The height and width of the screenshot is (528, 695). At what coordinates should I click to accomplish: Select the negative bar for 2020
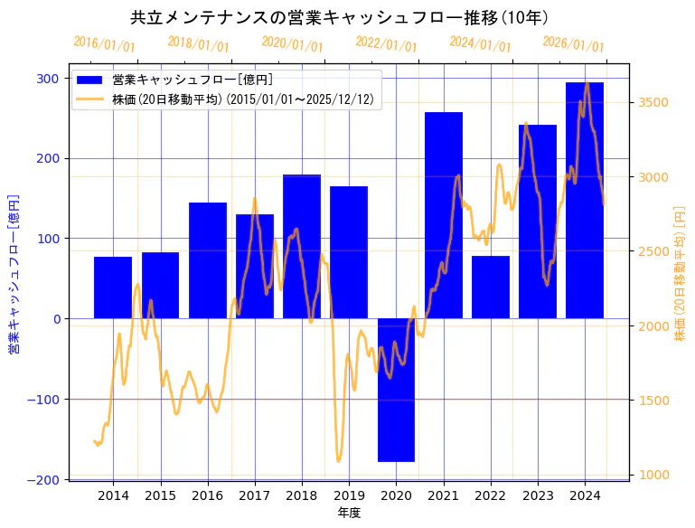(x=396, y=390)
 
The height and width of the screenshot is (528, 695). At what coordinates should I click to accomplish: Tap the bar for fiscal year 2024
(x=585, y=200)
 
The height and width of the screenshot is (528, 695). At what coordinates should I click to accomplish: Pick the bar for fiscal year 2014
(x=113, y=288)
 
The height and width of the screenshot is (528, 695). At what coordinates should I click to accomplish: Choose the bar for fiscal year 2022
(x=491, y=287)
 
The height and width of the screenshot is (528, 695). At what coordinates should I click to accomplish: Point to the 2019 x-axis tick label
(x=349, y=495)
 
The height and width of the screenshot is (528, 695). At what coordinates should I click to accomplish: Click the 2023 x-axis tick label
(x=538, y=495)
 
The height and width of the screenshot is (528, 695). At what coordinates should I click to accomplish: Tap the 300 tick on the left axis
(x=49, y=79)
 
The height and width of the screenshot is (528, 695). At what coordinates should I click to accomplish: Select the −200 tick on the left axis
(x=44, y=479)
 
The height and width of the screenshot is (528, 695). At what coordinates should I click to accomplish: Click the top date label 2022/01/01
(x=387, y=44)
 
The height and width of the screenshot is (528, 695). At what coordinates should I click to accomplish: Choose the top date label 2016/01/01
(x=105, y=44)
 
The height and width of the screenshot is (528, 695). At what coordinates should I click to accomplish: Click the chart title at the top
(x=340, y=17)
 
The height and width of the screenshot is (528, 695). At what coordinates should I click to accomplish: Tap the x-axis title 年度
(x=349, y=513)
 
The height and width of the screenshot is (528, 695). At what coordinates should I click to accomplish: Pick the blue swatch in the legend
(x=90, y=80)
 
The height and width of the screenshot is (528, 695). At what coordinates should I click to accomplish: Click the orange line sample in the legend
(x=90, y=99)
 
